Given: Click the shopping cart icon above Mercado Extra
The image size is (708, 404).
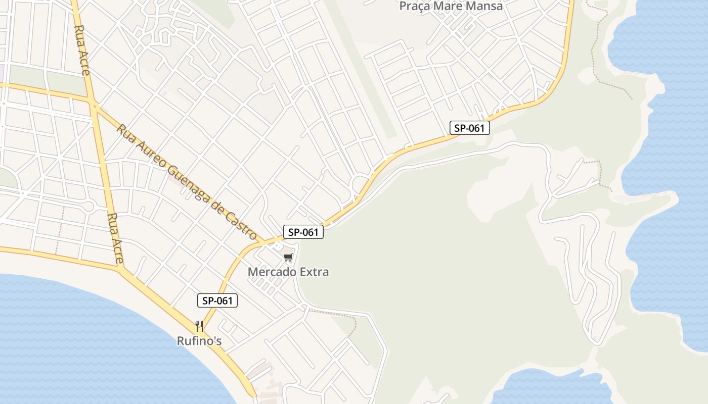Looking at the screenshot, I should coord(288,258).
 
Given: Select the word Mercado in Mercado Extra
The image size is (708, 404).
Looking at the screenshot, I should coord(266,272).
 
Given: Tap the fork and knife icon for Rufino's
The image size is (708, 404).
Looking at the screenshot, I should coord(199,326).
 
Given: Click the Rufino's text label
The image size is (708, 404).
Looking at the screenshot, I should coord(199,341).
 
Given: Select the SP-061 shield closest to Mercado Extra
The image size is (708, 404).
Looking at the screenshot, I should coord(303,232).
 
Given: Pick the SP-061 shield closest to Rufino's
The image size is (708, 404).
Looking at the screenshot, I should coord(217,301).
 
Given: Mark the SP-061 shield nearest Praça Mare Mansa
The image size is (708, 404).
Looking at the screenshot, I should coord(469,128).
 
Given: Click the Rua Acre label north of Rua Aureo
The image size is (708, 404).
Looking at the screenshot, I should coord(82,50).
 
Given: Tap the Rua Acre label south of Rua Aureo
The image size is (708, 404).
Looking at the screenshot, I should coord(115,239).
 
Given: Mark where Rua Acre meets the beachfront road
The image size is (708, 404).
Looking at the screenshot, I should coord(122,269).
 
